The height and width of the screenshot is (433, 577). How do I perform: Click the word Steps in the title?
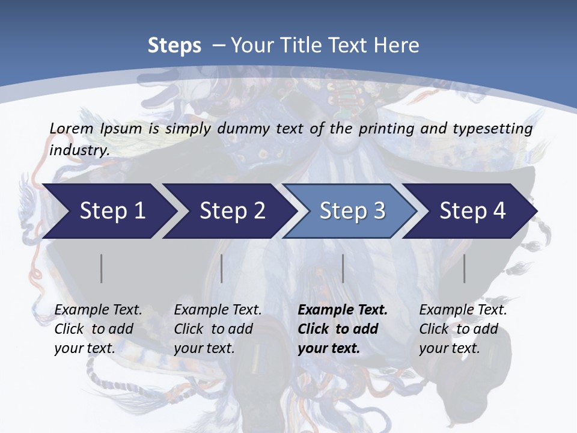point(174,46)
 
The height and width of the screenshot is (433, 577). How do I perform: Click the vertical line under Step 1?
point(102,268)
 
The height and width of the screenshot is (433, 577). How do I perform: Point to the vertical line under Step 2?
point(222,268)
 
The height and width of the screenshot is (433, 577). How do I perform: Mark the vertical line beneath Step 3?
point(343,268)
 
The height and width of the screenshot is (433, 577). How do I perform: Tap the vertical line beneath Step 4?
point(465,268)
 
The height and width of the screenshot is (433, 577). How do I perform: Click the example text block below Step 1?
point(98,329)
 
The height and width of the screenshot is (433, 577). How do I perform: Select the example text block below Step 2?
point(218,329)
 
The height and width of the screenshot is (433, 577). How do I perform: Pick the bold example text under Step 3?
point(343,329)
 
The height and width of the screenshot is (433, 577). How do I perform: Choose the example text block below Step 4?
point(463,329)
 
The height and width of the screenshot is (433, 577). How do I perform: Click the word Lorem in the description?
point(72,128)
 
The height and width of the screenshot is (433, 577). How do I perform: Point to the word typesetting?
point(492,128)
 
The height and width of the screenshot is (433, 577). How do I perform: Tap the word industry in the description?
point(79,150)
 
